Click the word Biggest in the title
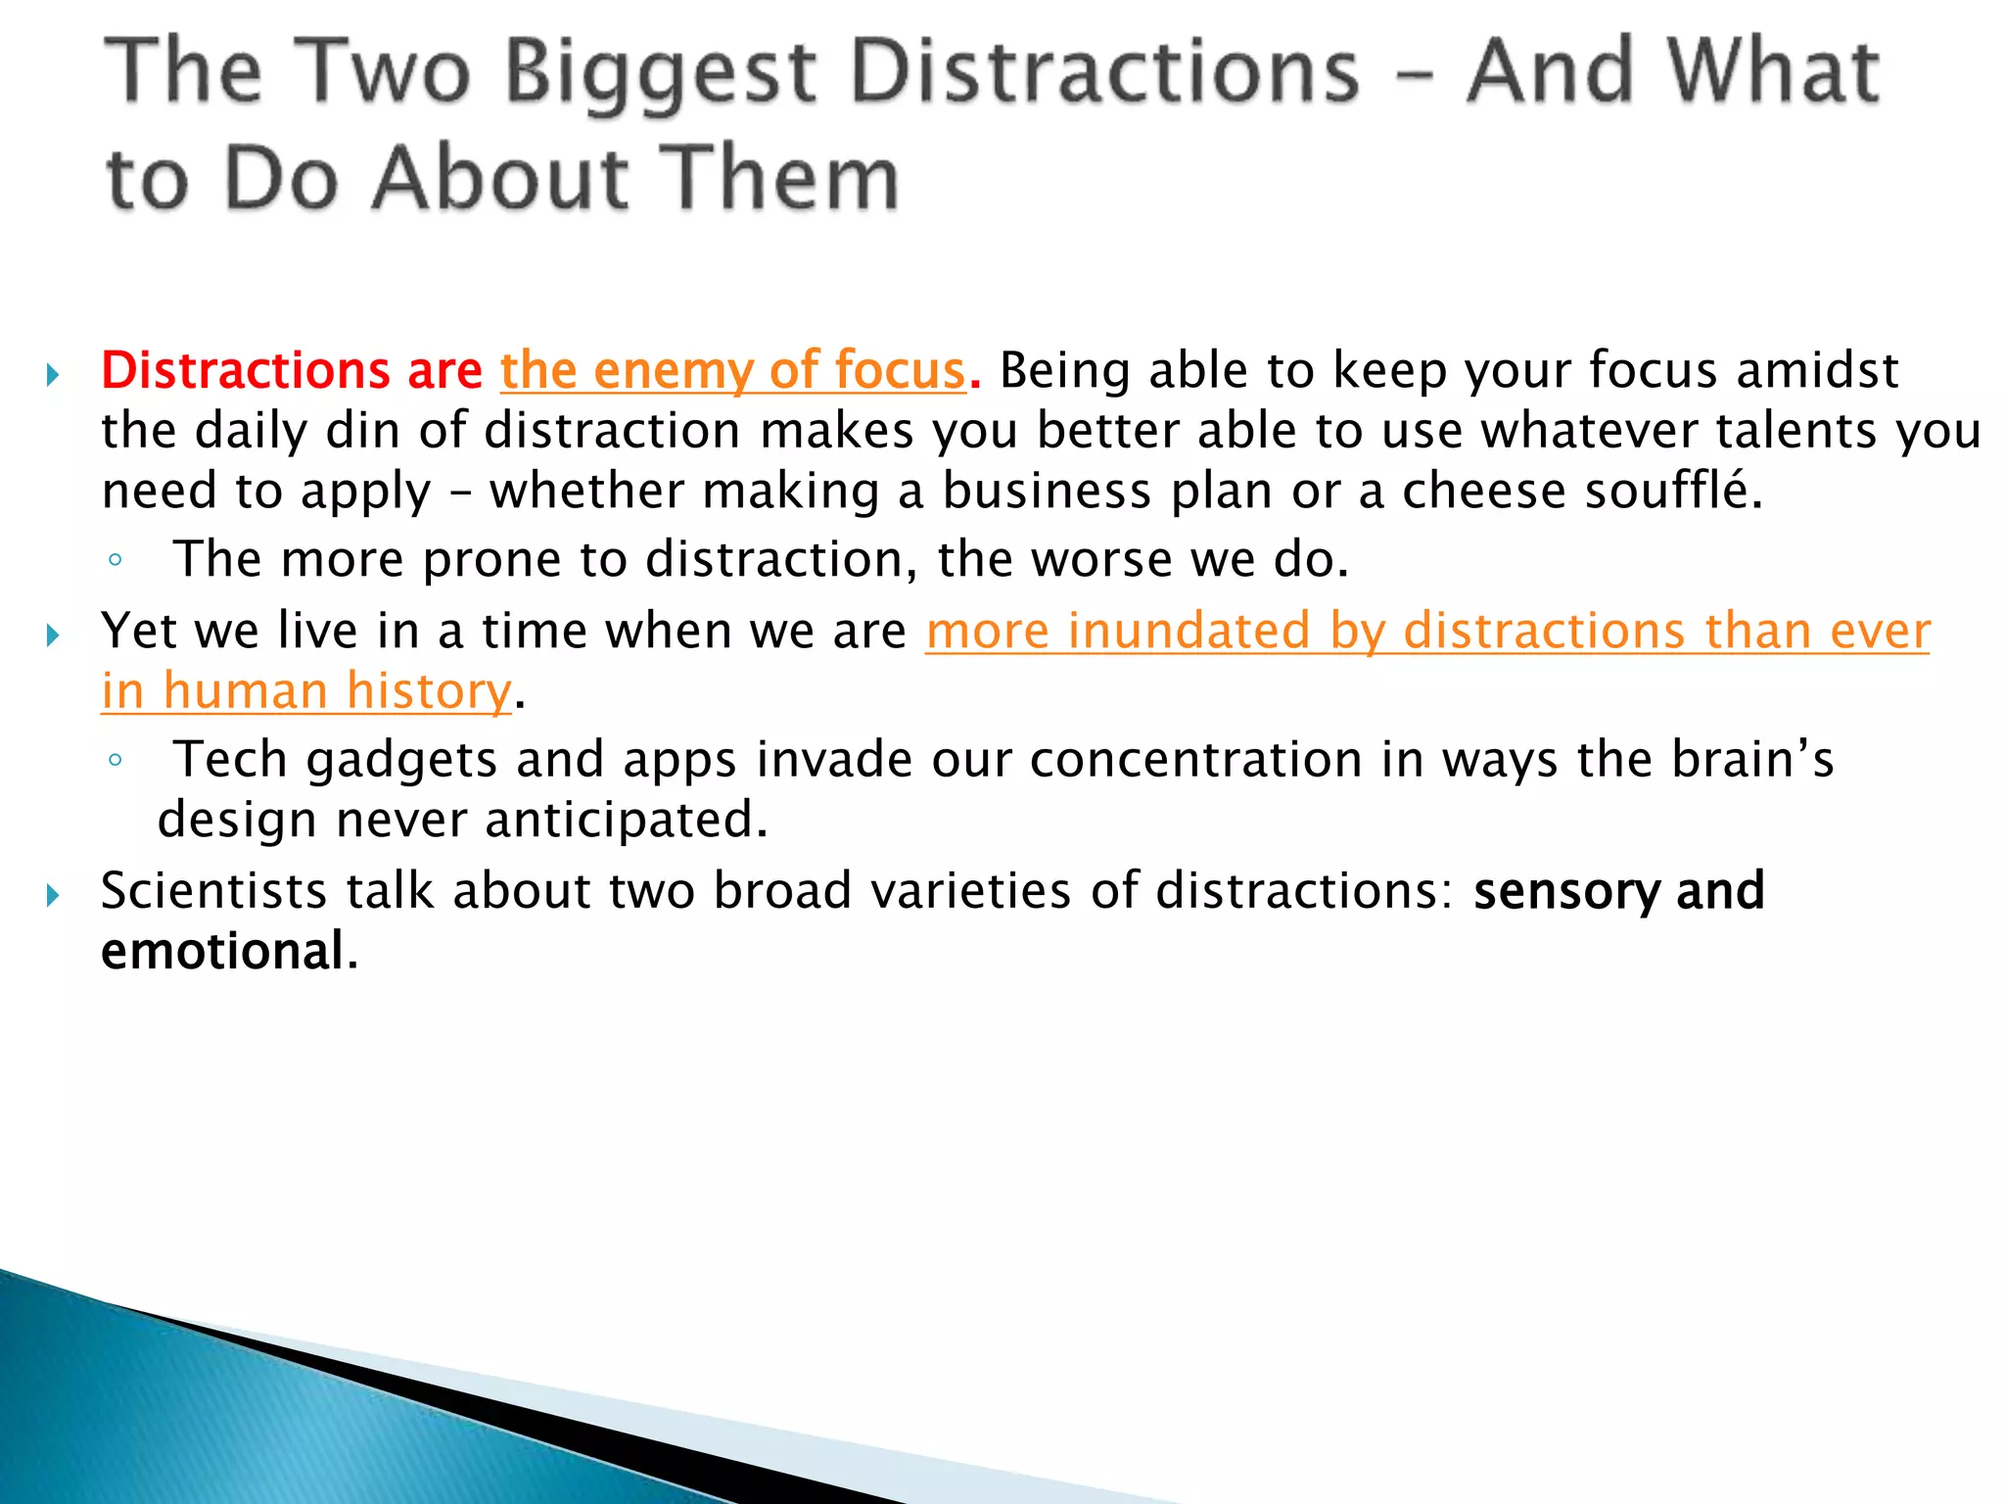coord(661,72)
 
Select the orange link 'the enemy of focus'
coord(732,371)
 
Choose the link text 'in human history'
coord(306,691)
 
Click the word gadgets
coord(401,761)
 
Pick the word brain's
coord(1751,759)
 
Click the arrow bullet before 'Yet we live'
coord(53,635)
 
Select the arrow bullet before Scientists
coord(53,895)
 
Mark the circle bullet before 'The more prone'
coord(116,561)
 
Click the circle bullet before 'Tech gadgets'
coord(116,760)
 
